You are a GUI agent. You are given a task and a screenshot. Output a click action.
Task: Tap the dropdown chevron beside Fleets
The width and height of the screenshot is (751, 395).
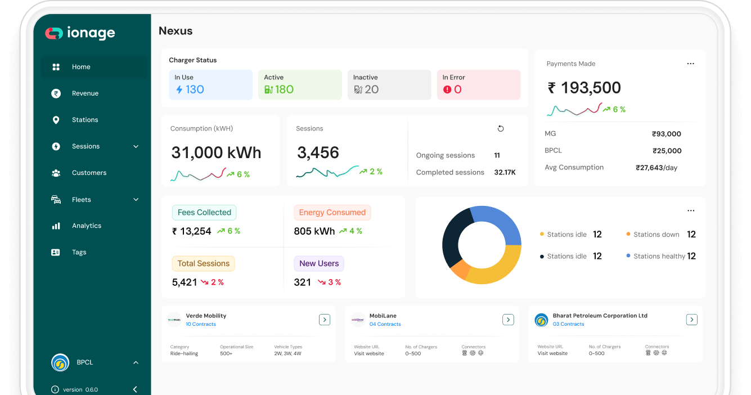(x=136, y=200)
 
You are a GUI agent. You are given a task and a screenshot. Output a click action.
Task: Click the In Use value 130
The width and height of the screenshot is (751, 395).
(x=195, y=89)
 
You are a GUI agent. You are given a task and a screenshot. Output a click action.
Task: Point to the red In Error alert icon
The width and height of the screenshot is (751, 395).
(x=447, y=89)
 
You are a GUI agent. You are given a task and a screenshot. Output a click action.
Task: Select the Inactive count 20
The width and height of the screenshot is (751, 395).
(x=371, y=89)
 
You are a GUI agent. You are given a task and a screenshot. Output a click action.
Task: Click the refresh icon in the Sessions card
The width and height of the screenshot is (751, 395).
(x=501, y=128)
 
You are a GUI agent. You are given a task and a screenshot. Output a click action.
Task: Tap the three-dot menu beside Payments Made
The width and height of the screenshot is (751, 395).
(x=690, y=64)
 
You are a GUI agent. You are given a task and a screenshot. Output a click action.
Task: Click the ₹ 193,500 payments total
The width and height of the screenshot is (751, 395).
(x=584, y=88)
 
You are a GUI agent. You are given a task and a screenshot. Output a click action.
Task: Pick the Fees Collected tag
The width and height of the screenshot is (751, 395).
(x=204, y=213)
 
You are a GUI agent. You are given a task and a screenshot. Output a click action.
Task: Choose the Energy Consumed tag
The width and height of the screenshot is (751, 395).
(x=332, y=213)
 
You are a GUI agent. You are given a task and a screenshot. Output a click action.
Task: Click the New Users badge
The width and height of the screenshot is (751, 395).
(x=319, y=263)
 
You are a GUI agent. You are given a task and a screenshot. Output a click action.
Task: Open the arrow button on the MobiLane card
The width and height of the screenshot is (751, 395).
(x=508, y=320)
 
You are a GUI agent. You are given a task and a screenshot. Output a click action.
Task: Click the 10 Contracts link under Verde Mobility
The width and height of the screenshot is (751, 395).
(x=201, y=324)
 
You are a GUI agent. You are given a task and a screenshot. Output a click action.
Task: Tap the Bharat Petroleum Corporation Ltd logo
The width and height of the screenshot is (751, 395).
(x=541, y=320)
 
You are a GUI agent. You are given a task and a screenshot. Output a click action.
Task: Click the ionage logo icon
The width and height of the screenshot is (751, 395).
(x=54, y=33)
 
